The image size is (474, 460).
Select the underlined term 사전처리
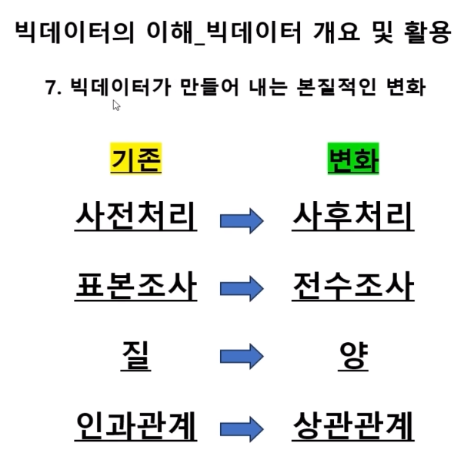coord(135,218)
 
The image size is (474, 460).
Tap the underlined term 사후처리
coord(353,218)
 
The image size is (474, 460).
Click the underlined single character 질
coord(136,355)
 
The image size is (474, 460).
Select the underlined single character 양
coord(354,355)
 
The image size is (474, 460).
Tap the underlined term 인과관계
coord(135,425)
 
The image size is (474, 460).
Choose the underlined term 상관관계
coord(353,425)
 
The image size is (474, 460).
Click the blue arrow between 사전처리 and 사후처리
coord(242,222)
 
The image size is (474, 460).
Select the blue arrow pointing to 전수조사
coord(242,290)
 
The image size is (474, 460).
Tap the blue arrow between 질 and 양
coord(242,358)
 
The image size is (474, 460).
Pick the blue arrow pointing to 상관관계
coord(242,426)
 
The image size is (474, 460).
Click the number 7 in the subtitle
coord(52,87)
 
